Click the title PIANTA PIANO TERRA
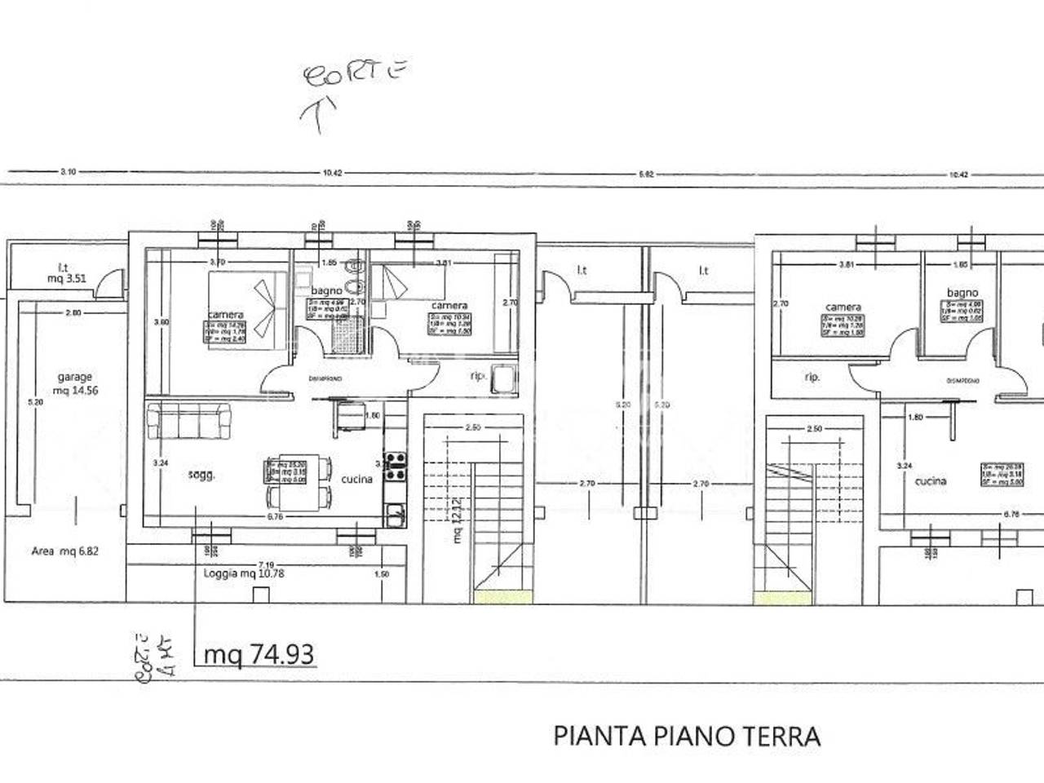[x=687, y=737]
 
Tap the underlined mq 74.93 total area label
[x=259, y=654]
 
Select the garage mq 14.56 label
[x=74, y=384]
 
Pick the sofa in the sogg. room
[x=189, y=422]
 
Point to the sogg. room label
[x=201, y=475]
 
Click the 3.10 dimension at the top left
[x=68, y=172]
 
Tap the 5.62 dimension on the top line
[x=646, y=174]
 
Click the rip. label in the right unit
[x=812, y=378]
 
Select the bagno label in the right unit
[x=962, y=293]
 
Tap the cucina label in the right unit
[x=931, y=481]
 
